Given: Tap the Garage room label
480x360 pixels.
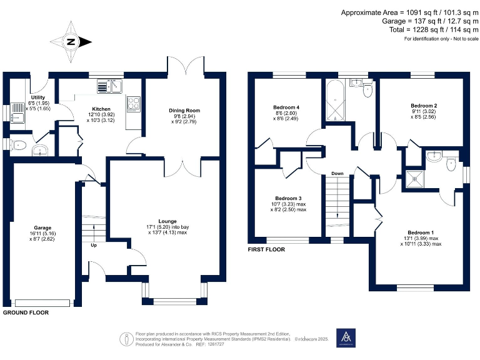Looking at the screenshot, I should pos(42,227).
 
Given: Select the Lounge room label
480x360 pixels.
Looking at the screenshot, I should pos(167,221).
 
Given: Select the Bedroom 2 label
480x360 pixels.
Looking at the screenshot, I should pos(423,106).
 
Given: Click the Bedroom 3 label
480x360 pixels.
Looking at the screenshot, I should pos(288,198).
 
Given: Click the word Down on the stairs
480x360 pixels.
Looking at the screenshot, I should pos(337,173).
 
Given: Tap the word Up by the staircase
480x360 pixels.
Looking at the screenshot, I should pos(94,246).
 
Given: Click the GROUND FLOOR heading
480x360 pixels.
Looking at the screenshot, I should pos(26,311).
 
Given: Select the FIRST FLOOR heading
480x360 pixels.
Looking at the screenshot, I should pos(266,249).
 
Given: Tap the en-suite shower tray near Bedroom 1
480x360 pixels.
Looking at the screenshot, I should pos(414,177).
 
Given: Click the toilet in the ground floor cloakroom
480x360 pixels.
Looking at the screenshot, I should pos(18,146).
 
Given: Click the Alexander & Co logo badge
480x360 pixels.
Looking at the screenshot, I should pos(345,337).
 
